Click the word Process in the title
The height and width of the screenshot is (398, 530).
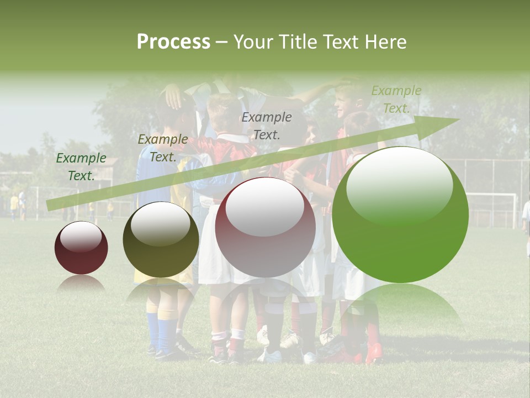(173, 42)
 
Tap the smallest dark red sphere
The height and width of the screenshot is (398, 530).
(81, 248)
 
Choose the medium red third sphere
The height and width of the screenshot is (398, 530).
(265, 227)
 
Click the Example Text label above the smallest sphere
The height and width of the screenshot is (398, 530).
(81, 167)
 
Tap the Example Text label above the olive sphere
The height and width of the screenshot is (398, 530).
(162, 148)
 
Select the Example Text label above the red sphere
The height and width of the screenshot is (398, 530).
(267, 125)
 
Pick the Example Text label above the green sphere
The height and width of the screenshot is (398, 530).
(396, 99)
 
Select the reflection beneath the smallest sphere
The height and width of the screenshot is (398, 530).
(81, 284)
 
